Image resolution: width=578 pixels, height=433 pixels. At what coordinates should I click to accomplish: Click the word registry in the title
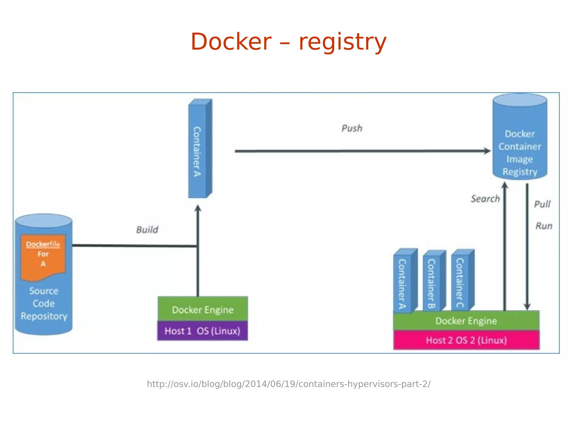[x=342, y=42]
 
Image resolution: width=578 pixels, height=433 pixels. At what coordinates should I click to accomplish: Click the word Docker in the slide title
[x=231, y=42]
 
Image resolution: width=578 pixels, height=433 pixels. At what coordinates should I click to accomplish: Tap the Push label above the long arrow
[x=352, y=128]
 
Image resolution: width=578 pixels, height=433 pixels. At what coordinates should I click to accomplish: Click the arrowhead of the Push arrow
[x=487, y=151]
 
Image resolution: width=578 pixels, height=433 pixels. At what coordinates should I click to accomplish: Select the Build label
[x=147, y=230]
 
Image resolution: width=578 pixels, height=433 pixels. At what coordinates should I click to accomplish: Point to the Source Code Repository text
[x=44, y=304]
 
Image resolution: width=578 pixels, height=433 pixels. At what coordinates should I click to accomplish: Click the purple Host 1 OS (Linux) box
[x=202, y=331]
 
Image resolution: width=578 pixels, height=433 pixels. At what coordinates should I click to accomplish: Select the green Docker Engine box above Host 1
[x=203, y=309]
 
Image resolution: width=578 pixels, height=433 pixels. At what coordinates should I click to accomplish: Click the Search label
[x=485, y=199]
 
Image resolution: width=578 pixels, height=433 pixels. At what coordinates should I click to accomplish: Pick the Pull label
[x=542, y=204]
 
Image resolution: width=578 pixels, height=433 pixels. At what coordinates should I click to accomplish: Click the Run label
[x=544, y=226]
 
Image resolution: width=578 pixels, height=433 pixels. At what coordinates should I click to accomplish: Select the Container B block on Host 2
[x=432, y=282]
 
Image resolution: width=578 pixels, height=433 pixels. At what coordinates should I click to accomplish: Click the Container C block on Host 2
[x=461, y=282]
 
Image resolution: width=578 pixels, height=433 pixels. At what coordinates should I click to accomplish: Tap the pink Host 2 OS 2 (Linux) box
[x=466, y=340]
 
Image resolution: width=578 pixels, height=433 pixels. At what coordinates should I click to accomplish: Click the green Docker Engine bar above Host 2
[x=466, y=321]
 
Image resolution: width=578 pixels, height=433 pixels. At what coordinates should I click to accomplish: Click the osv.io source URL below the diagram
[x=288, y=384]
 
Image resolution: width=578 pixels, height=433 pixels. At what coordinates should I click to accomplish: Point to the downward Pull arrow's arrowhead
[x=527, y=307]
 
